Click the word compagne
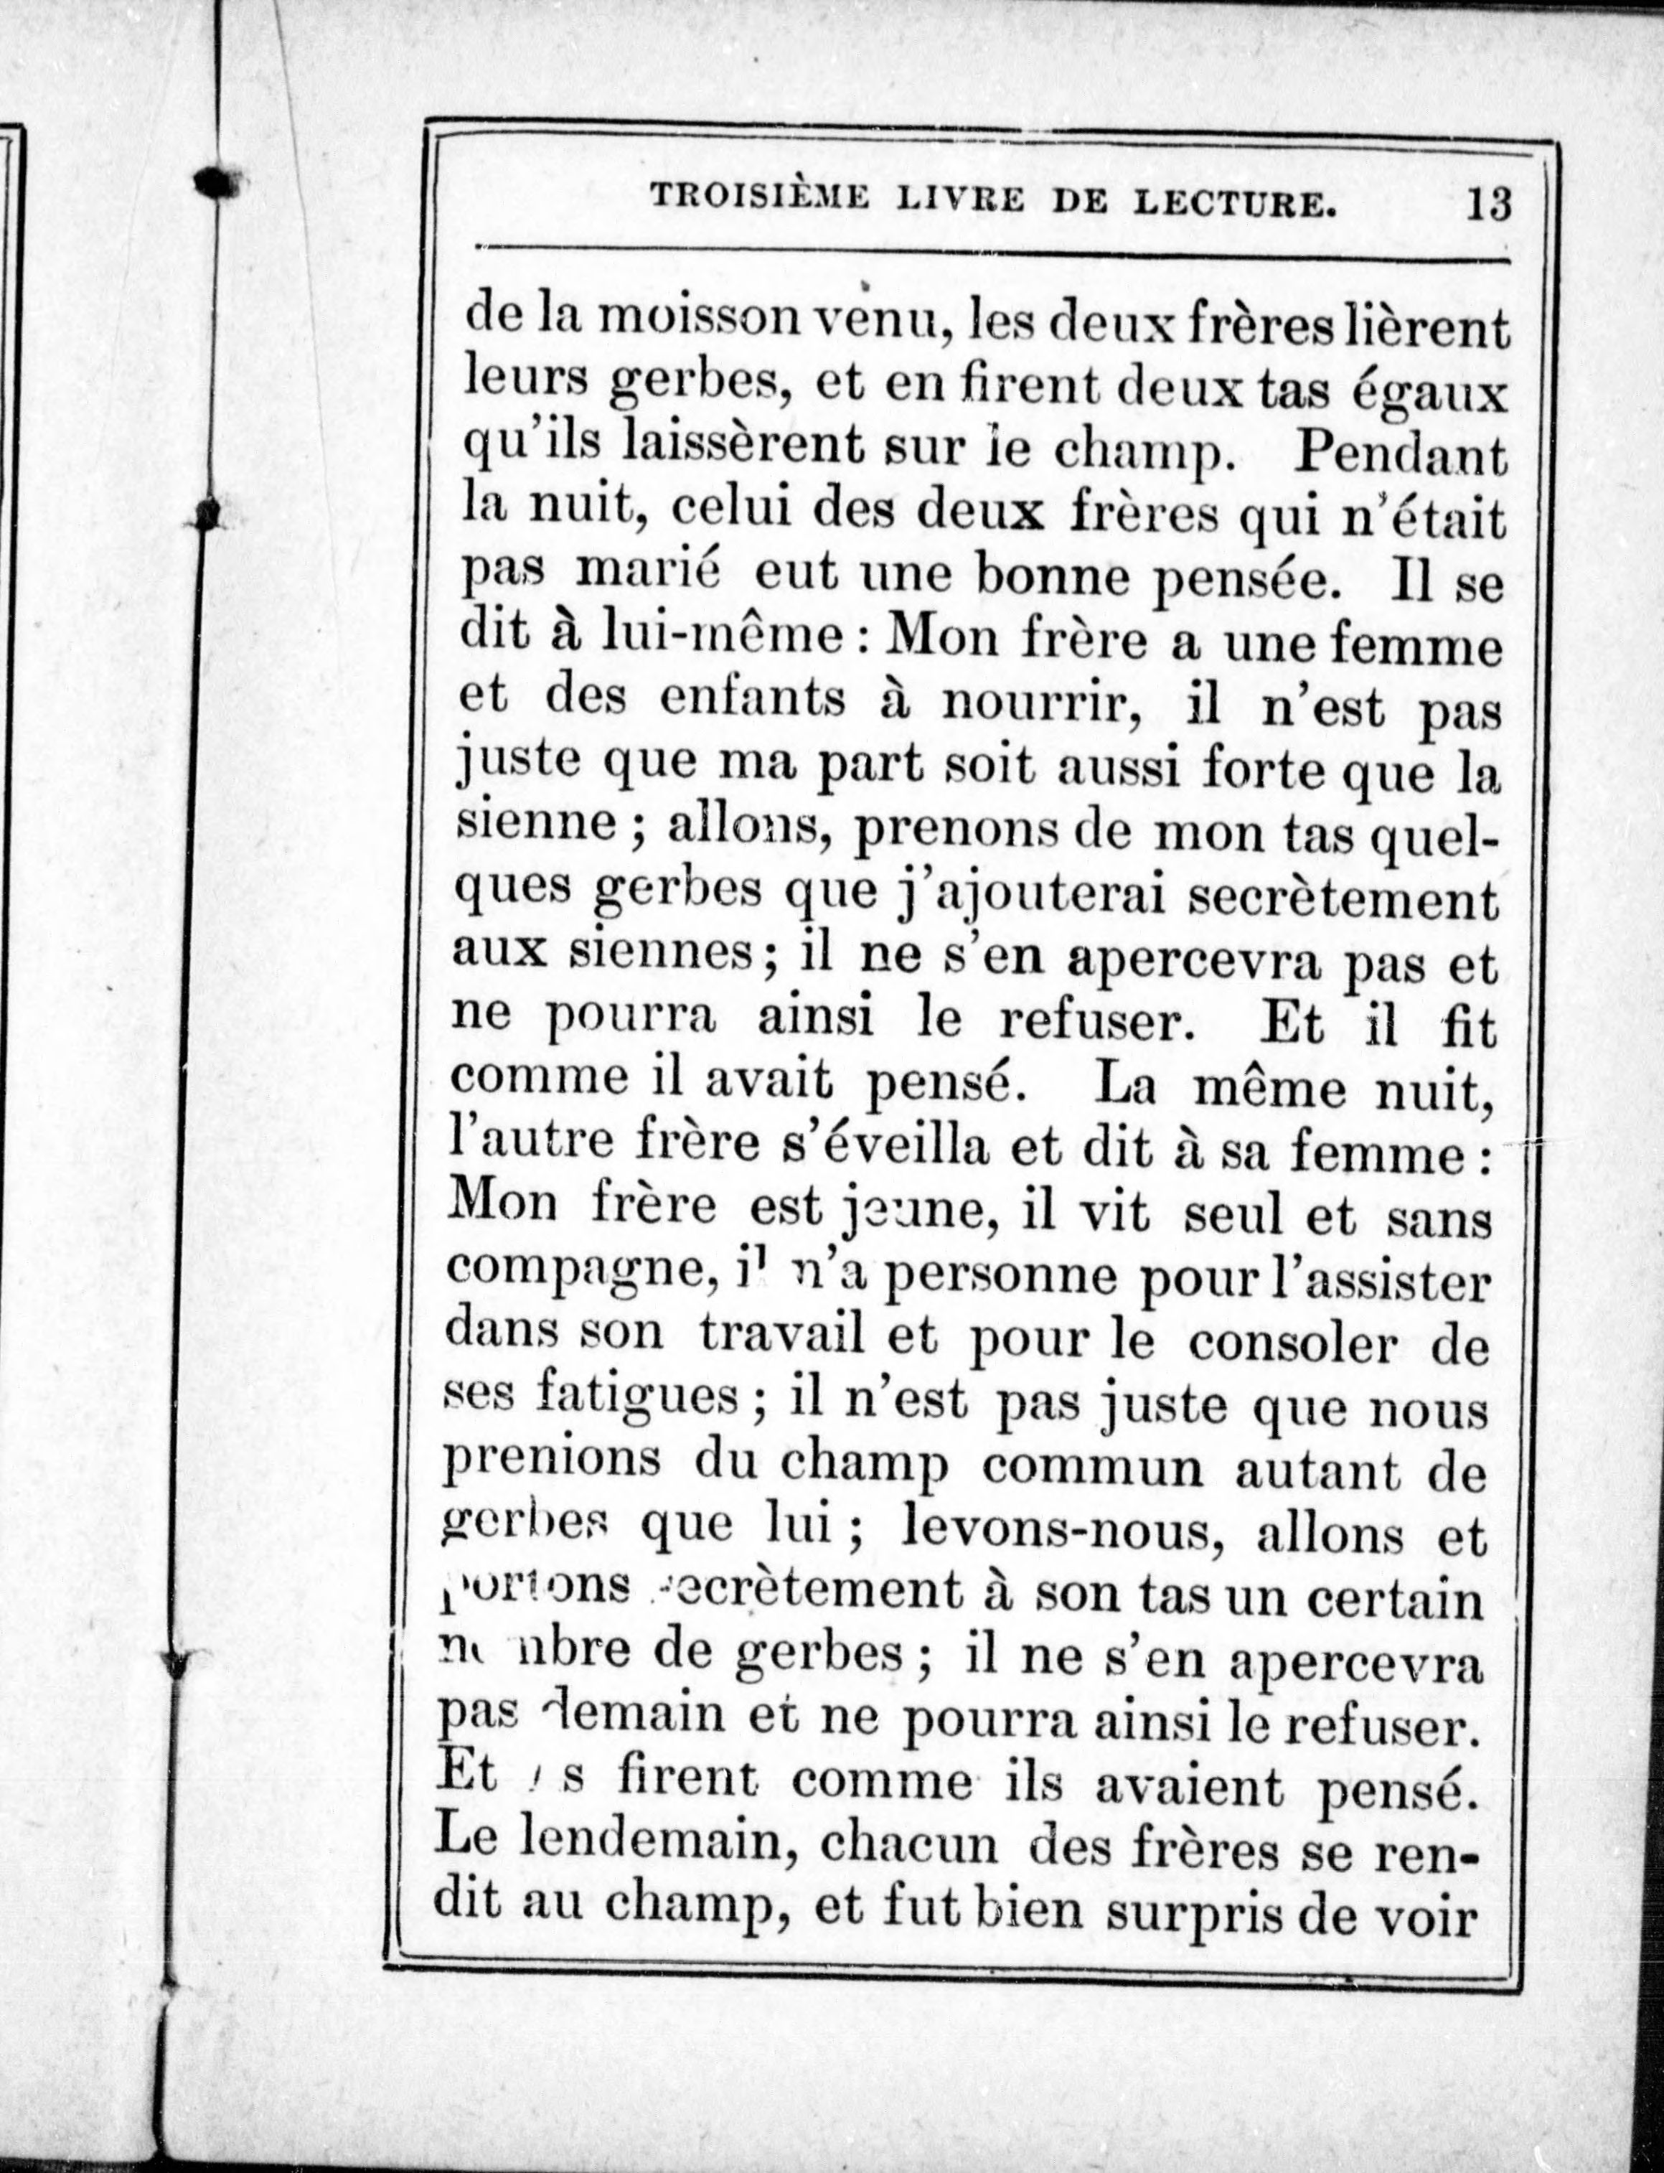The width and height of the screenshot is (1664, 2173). pos(580,1275)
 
